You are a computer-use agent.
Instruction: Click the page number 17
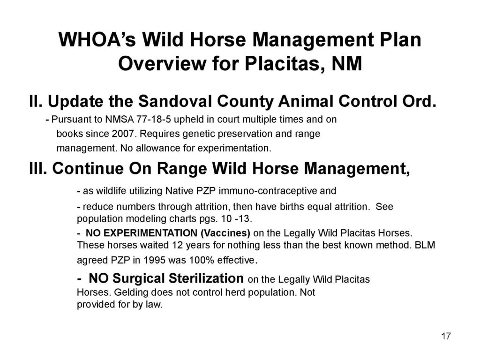446,336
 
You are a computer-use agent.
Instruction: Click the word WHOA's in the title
97,40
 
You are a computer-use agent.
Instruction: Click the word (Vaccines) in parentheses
225,233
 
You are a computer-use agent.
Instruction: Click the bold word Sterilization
206,278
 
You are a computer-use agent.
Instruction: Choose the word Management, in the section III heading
357,169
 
